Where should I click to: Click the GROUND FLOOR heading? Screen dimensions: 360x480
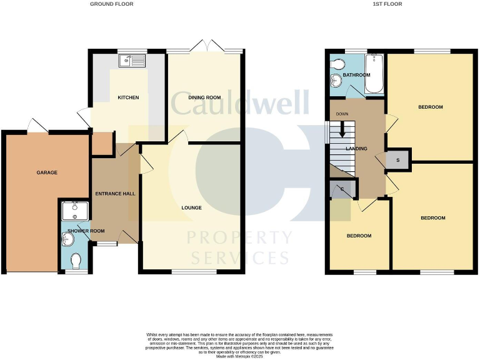point(111,4)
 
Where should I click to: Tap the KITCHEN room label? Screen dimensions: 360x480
point(128,97)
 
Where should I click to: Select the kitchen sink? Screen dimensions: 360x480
point(133,60)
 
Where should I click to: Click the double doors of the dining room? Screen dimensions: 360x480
point(204,45)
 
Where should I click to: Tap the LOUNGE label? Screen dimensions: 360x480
point(191,207)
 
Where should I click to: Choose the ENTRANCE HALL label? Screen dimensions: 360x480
point(115,194)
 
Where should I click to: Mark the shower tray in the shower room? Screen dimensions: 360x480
point(74,209)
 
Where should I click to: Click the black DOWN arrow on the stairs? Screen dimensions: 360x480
point(342,129)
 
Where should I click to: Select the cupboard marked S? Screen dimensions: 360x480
point(399,160)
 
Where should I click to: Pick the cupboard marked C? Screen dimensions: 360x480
point(342,189)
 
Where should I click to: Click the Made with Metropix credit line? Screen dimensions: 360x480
point(239,356)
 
